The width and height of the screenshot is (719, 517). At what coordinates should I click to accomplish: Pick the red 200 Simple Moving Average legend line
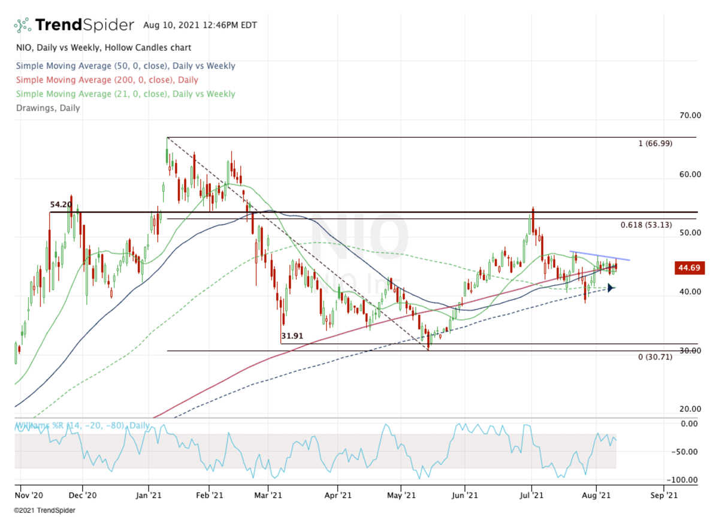pyautogui.click(x=107, y=80)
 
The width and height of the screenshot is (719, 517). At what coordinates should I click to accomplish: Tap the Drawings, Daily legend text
pyautogui.click(x=47, y=108)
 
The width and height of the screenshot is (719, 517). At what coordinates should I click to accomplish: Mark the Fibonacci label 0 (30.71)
pyautogui.click(x=655, y=357)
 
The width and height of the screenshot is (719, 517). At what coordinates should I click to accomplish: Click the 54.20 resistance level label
pyautogui.click(x=61, y=205)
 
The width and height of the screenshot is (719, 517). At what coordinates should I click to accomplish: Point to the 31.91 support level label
pyautogui.click(x=292, y=337)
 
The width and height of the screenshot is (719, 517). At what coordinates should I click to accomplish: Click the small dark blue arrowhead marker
pyautogui.click(x=611, y=288)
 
